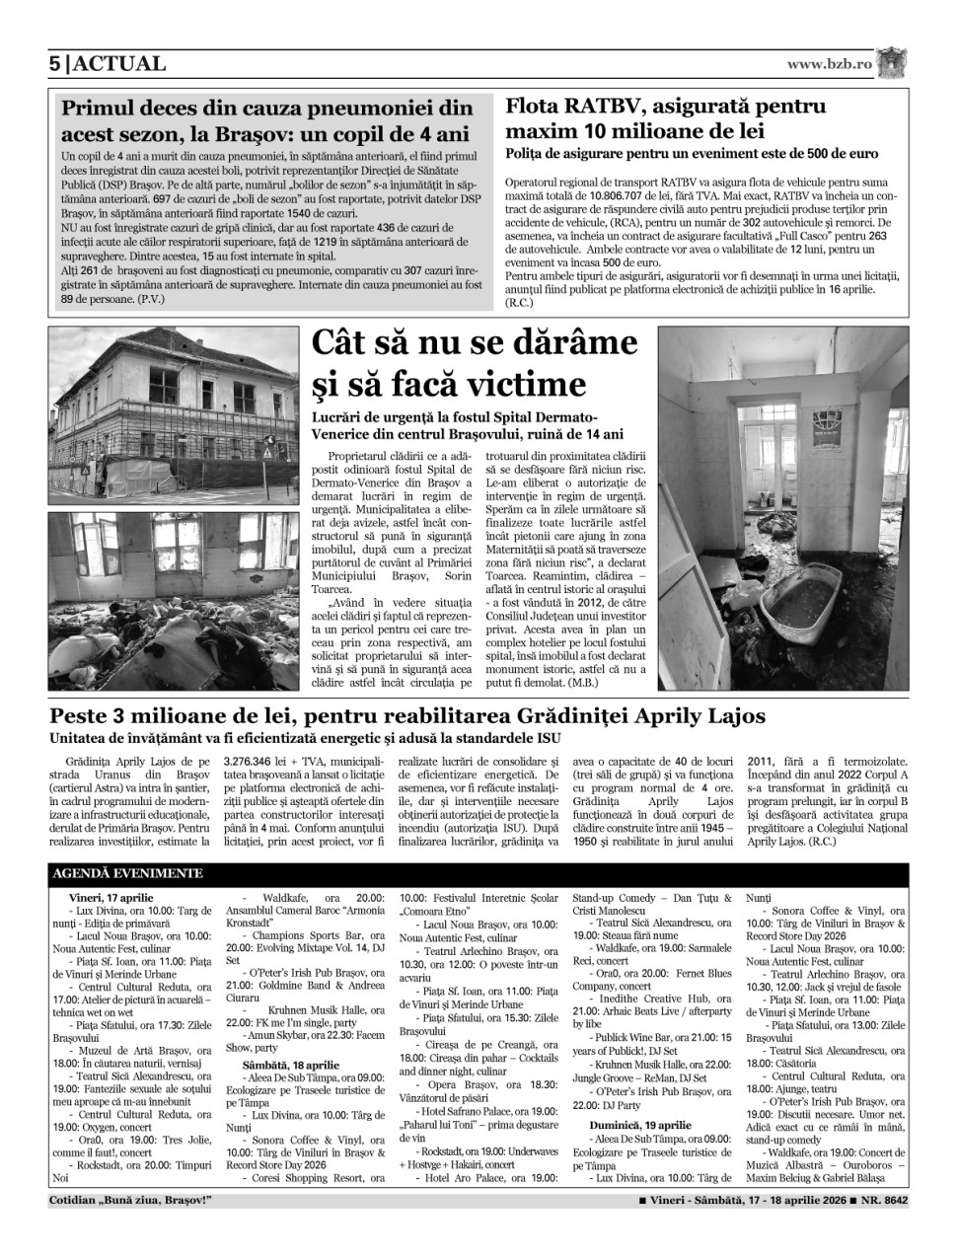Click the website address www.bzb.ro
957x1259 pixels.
[830, 64]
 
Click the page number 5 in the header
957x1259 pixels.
[54, 64]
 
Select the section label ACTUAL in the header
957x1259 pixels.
[118, 64]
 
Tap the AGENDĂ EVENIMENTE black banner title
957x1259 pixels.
[128, 873]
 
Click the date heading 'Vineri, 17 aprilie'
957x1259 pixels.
[110, 896]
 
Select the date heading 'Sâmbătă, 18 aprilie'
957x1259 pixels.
[284, 1066]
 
